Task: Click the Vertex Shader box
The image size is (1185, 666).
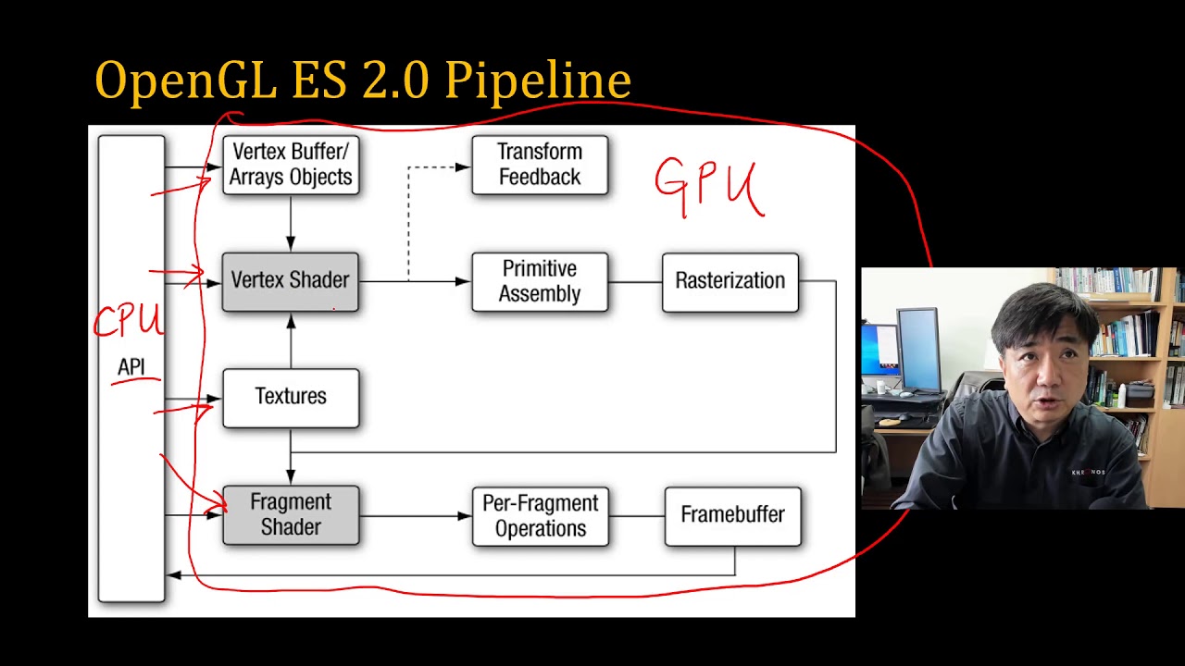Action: (x=290, y=281)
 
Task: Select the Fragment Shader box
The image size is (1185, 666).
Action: (x=290, y=515)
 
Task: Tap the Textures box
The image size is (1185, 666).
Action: (x=290, y=398)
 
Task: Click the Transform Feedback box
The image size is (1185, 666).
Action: (x=540, y=165)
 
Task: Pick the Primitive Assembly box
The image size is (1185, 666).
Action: (x=540, y=281)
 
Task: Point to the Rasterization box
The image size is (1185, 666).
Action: (x=730, y=281)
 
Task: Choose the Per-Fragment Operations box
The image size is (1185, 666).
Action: (x=540, y=516)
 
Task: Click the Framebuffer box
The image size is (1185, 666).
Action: (x=732, y=515)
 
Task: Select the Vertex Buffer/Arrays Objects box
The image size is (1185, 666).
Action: (x=290, y=165)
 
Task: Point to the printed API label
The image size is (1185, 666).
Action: (x=131, y=367)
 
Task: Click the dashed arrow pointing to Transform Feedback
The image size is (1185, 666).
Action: (x=435, y=167)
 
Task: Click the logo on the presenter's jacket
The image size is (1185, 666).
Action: (x=1088, y=473)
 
